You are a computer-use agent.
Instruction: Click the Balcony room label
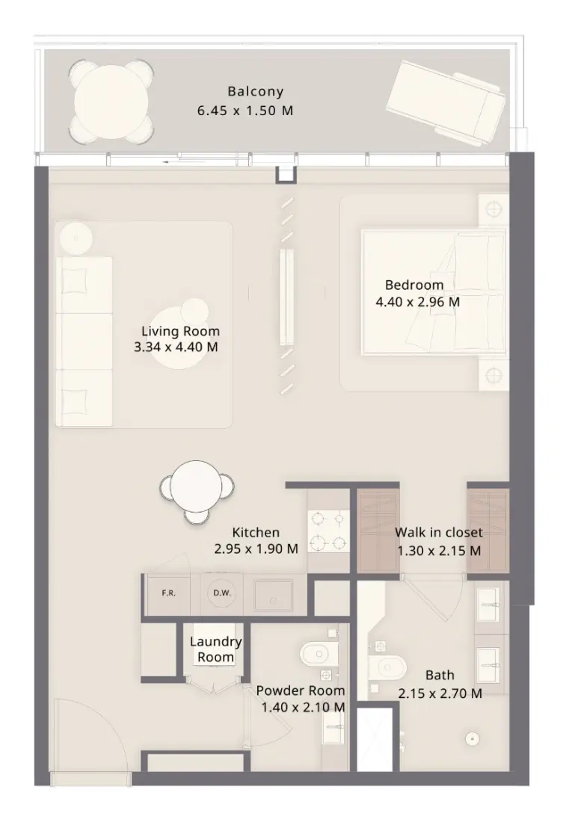(256, 92)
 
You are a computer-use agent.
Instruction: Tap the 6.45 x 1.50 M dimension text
(245, 111)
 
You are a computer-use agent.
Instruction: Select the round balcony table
(111, 101)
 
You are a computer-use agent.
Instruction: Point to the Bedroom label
(414, 285)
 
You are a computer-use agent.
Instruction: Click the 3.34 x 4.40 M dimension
(176, 347)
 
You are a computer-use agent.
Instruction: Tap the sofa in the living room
(84, 341)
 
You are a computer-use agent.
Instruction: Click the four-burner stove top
(328, 531)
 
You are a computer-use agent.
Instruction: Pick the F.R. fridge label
(168, 593)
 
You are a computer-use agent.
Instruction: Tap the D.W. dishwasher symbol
(222, 593)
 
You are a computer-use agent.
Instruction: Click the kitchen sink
(274, 595)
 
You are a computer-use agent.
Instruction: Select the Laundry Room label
(215, 649)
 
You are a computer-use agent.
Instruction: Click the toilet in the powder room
(319, 654)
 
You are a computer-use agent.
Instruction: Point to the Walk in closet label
(439, 532)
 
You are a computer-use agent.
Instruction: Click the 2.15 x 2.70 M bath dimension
(440, 693)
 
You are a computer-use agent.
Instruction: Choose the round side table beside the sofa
(76, 238)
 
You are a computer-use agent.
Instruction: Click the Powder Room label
(300, 690)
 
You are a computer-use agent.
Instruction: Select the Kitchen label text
(256, 532)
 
